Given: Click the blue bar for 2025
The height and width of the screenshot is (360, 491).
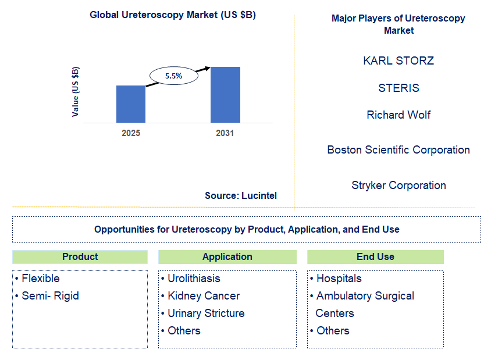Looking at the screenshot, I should pos(131,104).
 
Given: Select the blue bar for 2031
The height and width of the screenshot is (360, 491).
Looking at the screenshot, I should pos(225,95).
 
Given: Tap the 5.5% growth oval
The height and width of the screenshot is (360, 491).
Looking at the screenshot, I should pos(173,76).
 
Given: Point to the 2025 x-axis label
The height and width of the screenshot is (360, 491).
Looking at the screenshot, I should pos(131,133).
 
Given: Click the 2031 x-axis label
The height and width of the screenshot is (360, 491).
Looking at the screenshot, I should pos(225,133).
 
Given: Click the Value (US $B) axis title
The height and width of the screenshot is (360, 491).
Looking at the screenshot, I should pos(76,92).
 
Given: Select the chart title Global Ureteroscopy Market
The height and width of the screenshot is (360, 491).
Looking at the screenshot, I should pos(173,15).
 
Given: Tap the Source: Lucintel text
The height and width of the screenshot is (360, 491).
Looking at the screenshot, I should pos(241,196).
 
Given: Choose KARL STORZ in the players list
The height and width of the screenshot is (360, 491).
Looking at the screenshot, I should pos(399,60).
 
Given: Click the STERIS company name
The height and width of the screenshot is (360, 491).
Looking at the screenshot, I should pos(399,88).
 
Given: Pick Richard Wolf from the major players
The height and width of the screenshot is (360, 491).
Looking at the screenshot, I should pos(399,115).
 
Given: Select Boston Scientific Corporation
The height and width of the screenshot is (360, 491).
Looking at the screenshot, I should pos(399,150).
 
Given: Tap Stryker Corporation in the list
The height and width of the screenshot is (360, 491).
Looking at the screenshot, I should pos(399,186).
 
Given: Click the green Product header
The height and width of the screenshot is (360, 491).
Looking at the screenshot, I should pos(80,256).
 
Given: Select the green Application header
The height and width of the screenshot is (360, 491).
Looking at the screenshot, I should pos(227,256).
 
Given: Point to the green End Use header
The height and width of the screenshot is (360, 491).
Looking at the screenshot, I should pos(375,256).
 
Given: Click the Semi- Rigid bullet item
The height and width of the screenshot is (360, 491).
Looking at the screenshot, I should pos(50,296).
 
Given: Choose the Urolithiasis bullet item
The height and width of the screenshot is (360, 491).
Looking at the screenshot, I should pos(194,279).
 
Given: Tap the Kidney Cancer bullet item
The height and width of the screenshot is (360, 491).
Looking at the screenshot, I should pos(203,296).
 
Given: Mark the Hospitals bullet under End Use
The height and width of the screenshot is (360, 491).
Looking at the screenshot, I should pos(339,279).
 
